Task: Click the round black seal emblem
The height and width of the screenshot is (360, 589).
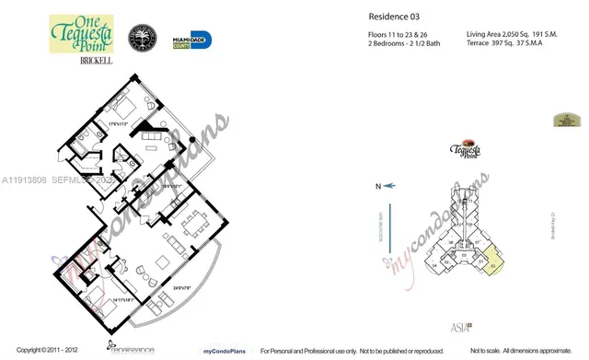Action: click(145, 41)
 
